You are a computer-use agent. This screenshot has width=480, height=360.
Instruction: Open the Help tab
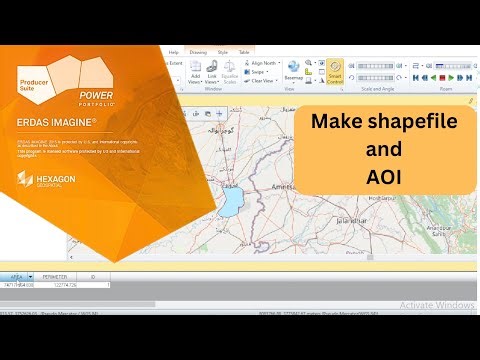(x=173, y=50)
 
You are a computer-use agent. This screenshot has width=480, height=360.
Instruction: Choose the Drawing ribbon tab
(x=197, y=50)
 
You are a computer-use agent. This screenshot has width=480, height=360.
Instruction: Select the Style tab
(x=222, y=50)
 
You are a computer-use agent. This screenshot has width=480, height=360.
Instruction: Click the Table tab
(x=244, y=50)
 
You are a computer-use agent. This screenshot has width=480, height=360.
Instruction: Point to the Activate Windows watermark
(x=437, y=304)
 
